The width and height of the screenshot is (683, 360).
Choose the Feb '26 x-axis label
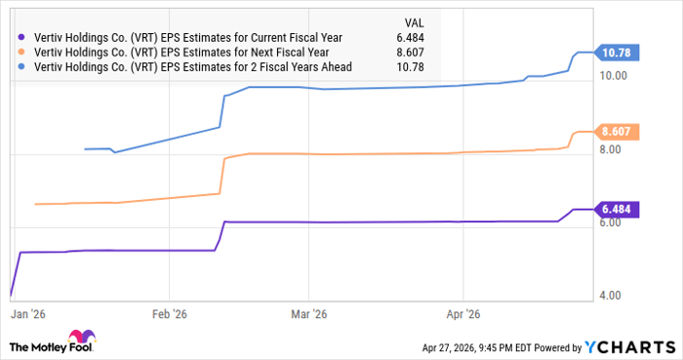pyautogui.click(x=172, y=315)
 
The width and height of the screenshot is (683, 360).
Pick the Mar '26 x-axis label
pyautogui.click(x=307, y=315)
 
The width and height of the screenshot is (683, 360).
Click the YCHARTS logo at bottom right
pyautogui.click(x=627, y=346)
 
